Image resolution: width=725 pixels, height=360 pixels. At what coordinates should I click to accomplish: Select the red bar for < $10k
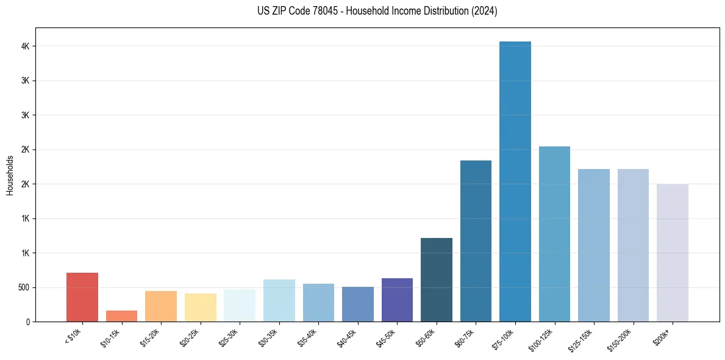click(82, 297)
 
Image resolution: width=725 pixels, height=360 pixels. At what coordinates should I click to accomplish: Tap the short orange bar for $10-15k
click(121, 316)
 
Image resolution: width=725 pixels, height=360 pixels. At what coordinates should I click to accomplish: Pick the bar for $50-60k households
click(437, 279)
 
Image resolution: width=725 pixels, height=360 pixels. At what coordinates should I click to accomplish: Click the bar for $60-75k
click(476, 241)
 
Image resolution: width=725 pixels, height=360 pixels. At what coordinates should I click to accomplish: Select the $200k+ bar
click(673, 253)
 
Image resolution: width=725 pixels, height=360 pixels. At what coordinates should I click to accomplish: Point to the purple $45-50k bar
click(397, 300)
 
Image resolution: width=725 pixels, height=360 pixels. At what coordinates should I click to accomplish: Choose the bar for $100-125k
click(554, 234)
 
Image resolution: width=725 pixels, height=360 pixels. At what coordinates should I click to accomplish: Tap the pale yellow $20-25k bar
click(201, 308)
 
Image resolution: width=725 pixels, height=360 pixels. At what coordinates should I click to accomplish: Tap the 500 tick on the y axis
click(24, 287)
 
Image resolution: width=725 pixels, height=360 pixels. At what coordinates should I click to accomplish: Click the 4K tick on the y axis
click(26, 46)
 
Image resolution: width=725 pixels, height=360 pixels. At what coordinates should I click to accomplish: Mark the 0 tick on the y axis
click(29, 322)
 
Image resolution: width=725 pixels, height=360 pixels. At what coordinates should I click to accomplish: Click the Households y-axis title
click(10, 175)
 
